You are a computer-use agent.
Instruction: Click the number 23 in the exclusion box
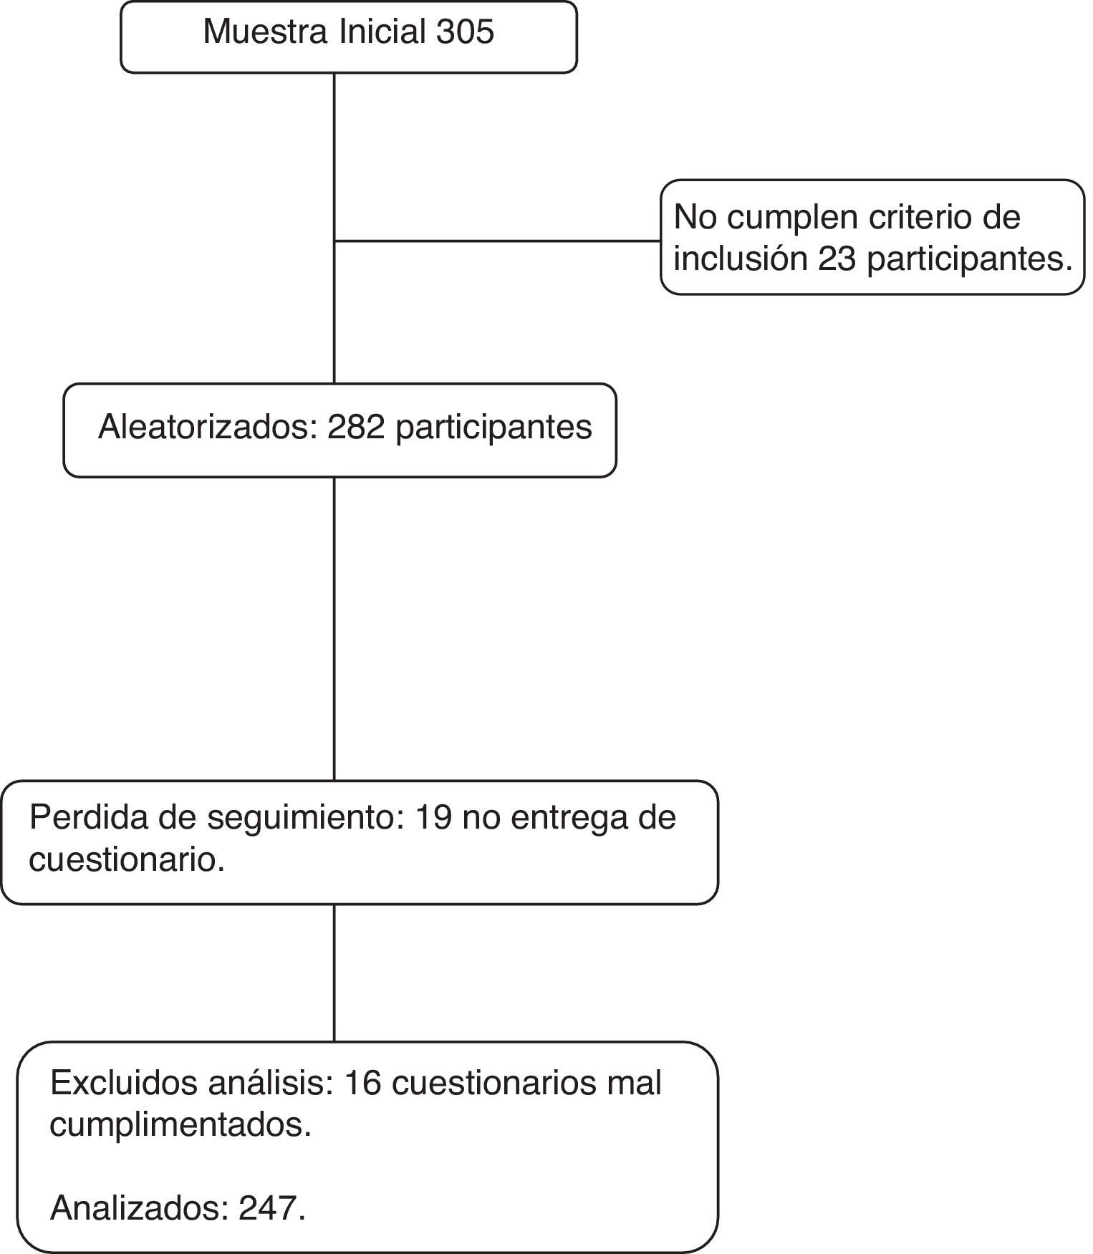point(837,259)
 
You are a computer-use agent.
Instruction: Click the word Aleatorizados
point(208,428)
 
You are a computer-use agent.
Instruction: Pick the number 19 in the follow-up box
point(433,817)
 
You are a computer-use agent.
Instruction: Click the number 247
point(269,1209)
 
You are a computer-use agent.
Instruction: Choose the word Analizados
point(138,1209)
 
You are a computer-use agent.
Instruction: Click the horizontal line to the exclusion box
point(498,241)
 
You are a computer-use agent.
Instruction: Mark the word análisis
point(271,1084)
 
